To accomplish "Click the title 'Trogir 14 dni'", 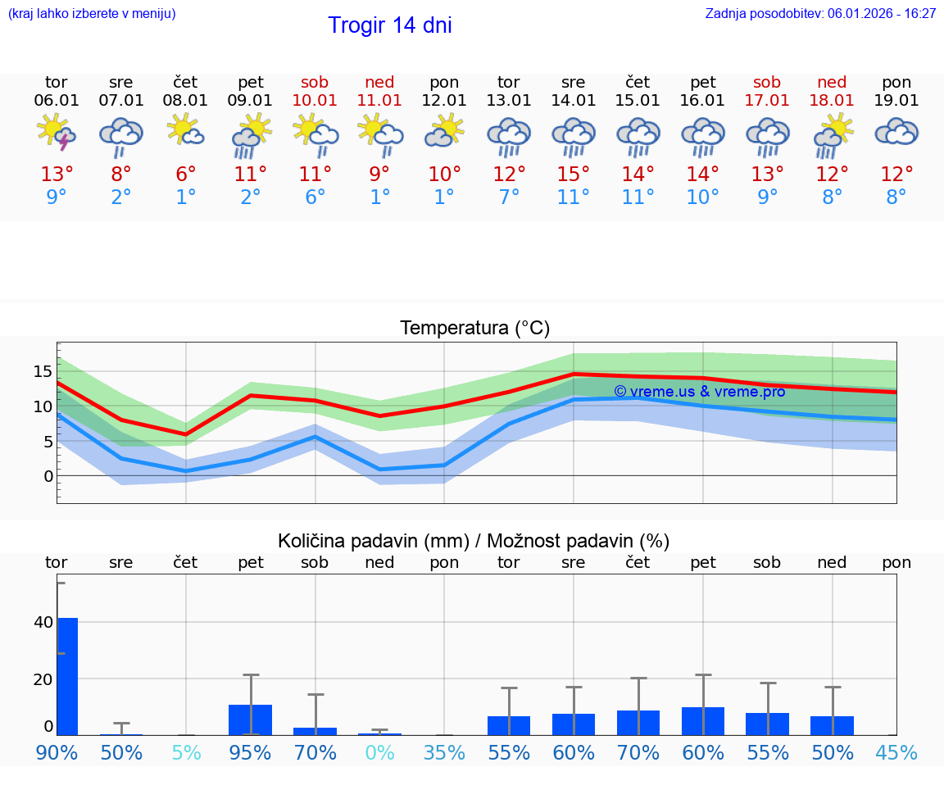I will tap(389, 25).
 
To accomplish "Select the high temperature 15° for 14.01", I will tap(573, 174).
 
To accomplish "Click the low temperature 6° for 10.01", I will tap(315, 197).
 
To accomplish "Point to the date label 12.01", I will tap(444, 101).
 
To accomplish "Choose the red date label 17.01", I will tap(767, 101).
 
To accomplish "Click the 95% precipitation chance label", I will tap(250, 752).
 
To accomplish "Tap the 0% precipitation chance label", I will tap(379, 752).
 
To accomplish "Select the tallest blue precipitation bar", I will tap(67, 676).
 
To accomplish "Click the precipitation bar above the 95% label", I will tap(250, 720).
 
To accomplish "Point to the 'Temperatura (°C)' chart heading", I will tap(474, 329).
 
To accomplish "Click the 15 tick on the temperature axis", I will tap(43, 371).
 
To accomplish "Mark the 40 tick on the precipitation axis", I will tap(43, 622).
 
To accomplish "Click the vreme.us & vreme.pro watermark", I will tap(699, 392).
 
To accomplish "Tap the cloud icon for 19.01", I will tap(896, 133).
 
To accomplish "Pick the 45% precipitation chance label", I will tap(896, 752).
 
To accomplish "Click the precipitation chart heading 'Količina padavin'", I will tap(474, 541).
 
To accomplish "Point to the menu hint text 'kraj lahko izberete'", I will tap(92, 14).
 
